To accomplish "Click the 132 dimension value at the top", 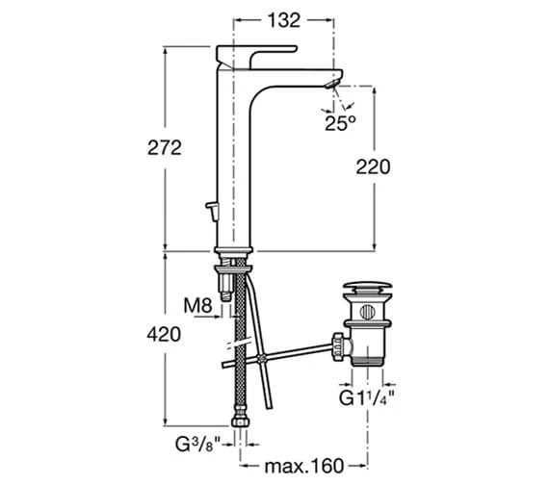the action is coord(284,20).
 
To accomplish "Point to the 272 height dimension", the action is coord(164,147).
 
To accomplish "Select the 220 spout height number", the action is coord(373,166).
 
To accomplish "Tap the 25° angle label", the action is coord(340,123).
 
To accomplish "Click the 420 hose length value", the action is coord(164,335).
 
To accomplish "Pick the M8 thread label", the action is coord(198,306).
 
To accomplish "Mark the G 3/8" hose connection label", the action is coord(197,445).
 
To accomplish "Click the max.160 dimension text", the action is coord(304,466).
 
